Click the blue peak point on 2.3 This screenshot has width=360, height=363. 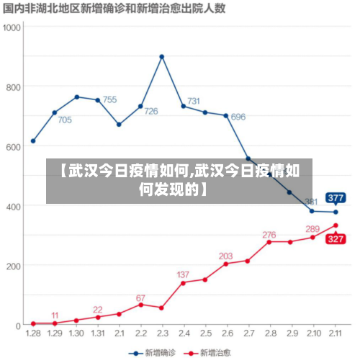[162, 56]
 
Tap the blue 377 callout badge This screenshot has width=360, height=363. [336, 197]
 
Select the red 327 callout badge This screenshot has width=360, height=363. [336, 240]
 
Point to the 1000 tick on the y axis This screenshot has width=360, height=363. [12, 27]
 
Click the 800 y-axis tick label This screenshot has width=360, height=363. [14, 86]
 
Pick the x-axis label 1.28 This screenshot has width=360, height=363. [33, 334]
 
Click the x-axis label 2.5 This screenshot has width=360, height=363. [205, 334]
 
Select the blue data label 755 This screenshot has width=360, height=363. [109, 100]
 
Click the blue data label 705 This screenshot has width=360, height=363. [65, 120]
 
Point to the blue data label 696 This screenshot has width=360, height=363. [238, 117]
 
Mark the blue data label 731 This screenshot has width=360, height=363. [194, 101]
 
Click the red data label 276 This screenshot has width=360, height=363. [269, 235]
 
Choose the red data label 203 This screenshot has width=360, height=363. [225, 256]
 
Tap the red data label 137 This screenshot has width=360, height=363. [183, 274]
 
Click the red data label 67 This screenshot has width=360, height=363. [140, 297]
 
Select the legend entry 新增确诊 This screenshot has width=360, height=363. [153, 353]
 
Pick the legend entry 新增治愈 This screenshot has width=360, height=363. [209, 353]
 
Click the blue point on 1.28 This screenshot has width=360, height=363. [33, 141]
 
